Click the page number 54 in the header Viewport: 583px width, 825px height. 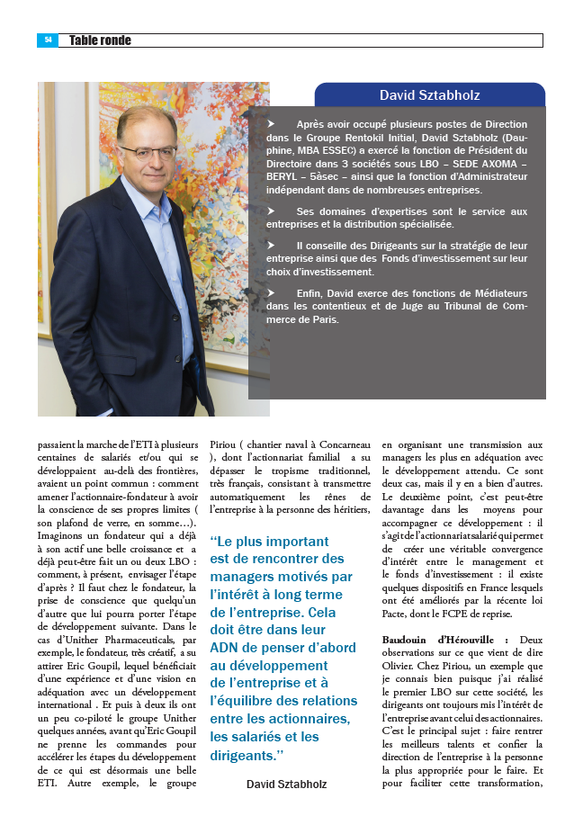(x=48, y=40)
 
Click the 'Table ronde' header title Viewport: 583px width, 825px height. (x=100, y=40)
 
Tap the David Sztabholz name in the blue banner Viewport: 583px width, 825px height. (x=429, y=94)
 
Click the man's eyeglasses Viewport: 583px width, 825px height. (x=148, y=151)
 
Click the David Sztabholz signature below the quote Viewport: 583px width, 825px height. (x=286, y=785)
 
